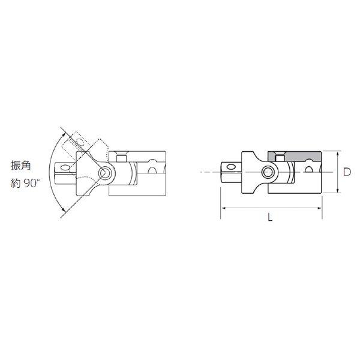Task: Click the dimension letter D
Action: [x=347, y=172]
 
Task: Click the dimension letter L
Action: [x=270, y=217]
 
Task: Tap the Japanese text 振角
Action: [x=20, y=166]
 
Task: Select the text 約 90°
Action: [x=25, y=184]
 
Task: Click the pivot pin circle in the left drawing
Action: [x=104, y=173]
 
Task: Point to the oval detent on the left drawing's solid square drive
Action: [x=65, y=167]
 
